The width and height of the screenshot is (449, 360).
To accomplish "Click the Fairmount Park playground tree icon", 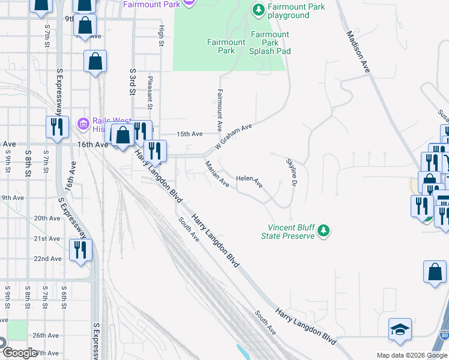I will [x=258, y=10].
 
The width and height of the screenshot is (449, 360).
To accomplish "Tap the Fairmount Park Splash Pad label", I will [x=270, y=43].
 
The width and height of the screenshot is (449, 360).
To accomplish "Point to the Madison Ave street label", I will [x=358, y=53].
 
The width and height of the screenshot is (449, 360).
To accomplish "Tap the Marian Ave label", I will [x=216, y=173].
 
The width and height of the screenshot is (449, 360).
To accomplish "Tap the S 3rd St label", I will [x=133, y=80].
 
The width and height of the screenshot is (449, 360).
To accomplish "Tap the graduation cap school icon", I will [x=400, y=330].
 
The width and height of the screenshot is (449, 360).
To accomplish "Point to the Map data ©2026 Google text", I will [x=411, y=355].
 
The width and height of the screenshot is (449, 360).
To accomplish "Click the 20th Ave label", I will [x=48, y=218].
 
